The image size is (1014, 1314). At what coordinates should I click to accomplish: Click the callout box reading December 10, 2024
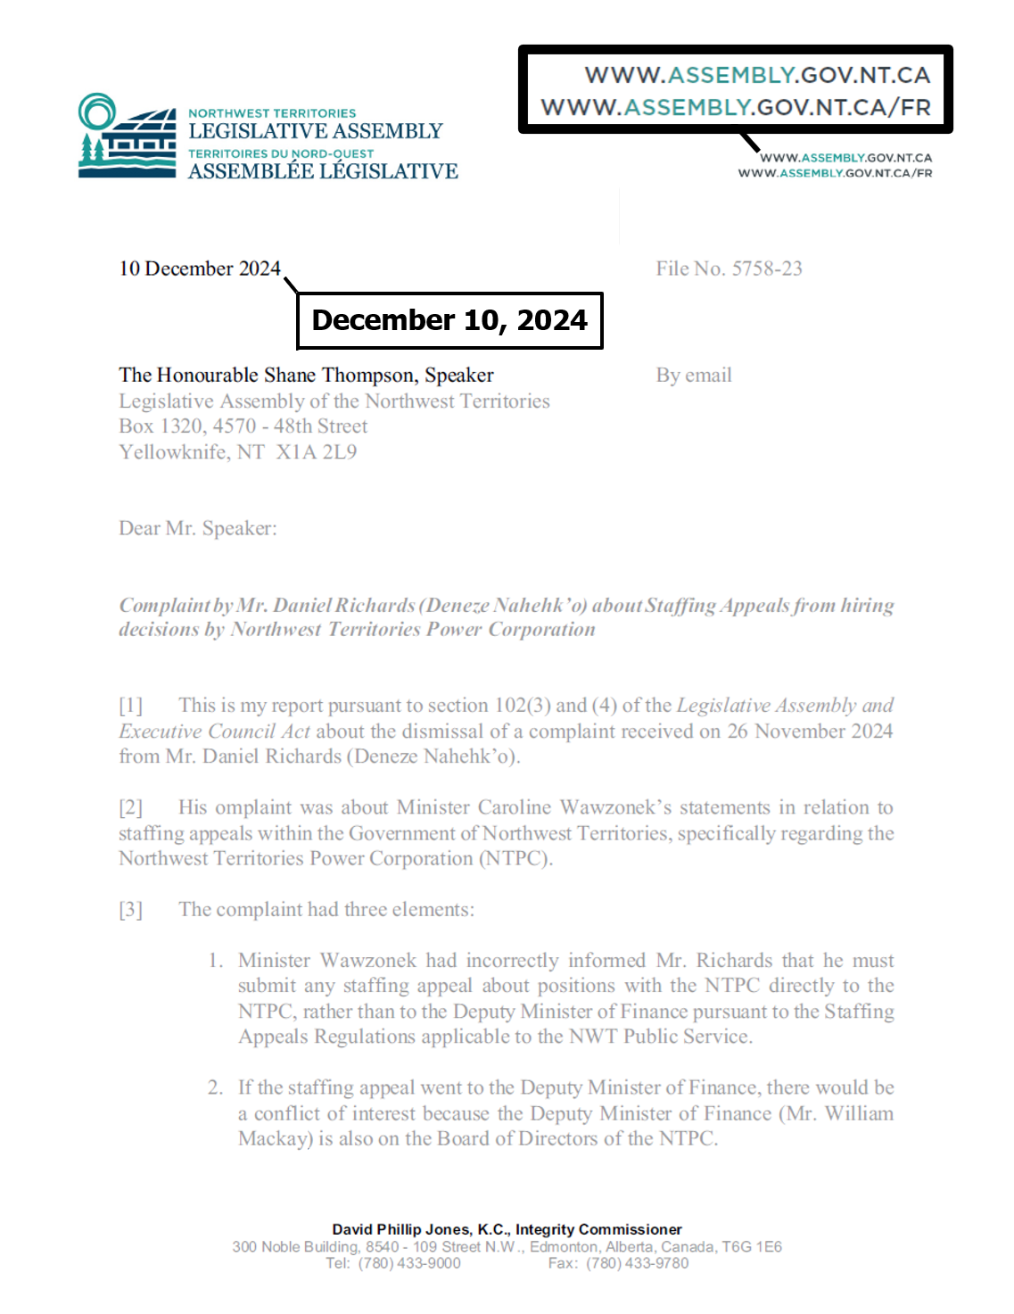coord(449,320)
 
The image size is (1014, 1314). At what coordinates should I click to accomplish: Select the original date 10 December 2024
coord(200,269)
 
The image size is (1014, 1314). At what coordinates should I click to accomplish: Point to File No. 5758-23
coord(729,269)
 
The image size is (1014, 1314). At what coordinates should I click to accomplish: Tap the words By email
coord(694,376)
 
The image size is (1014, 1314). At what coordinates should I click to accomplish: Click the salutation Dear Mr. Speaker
coord(198,528)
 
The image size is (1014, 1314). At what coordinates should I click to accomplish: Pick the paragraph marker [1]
coord(130,706)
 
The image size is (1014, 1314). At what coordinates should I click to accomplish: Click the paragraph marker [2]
coord(130,807)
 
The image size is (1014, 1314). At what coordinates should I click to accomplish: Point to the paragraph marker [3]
coord(130,910)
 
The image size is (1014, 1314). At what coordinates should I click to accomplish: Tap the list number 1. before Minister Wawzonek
coord(216,961)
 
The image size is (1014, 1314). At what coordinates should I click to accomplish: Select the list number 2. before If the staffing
coord(216,1087)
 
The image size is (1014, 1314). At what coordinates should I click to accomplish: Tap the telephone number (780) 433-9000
coord(409,1263)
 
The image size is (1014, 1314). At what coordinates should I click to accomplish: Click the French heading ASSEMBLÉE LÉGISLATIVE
coord(323,171)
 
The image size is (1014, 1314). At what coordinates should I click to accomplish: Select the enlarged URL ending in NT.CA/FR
coord(736,108)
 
